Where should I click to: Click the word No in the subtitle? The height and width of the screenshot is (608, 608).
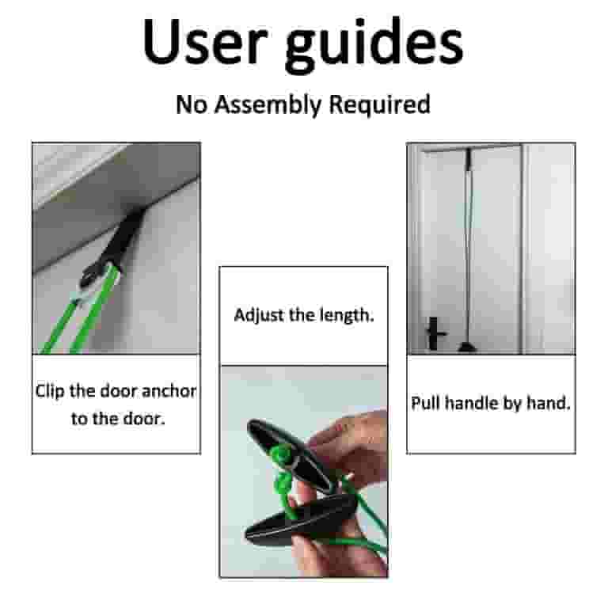(x=190, y=104)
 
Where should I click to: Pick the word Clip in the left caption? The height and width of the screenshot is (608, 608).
(x=51, y=391)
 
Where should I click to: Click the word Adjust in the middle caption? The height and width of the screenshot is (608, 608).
(x=256, y=315)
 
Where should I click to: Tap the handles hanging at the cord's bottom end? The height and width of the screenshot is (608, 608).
(x=466, y=345)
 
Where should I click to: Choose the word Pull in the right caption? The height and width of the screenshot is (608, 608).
(x=426, y=403)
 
